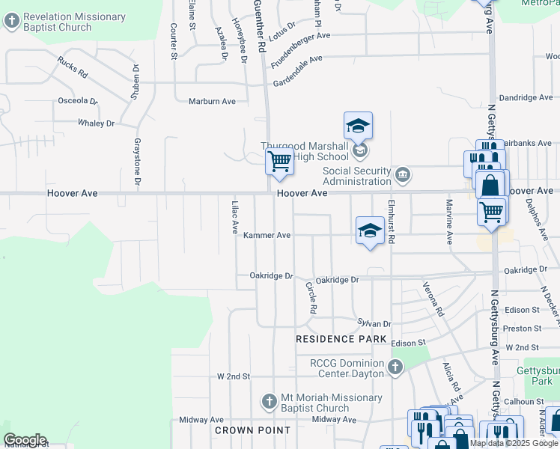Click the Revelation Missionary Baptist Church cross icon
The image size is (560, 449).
pos(11,22)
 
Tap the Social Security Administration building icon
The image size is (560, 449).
pos(403,176)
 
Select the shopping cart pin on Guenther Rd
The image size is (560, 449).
pos(280,162)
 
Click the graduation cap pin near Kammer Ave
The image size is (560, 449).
pos(370,231)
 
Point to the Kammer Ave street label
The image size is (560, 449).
pos(267,235)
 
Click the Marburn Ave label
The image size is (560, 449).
pos(212,101)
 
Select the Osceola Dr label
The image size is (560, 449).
pos(78,100)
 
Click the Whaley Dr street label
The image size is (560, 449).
pos(96,123)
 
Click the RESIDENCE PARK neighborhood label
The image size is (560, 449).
pos(341,339)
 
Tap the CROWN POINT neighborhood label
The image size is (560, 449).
pos(252,430)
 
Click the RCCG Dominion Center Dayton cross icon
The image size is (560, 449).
pos(395,367)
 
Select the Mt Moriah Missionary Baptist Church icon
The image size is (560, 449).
pos(270,403)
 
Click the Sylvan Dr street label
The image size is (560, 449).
pos(374,323)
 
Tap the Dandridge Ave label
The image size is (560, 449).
pos(526,97)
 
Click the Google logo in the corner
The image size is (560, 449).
pos(25,439)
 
